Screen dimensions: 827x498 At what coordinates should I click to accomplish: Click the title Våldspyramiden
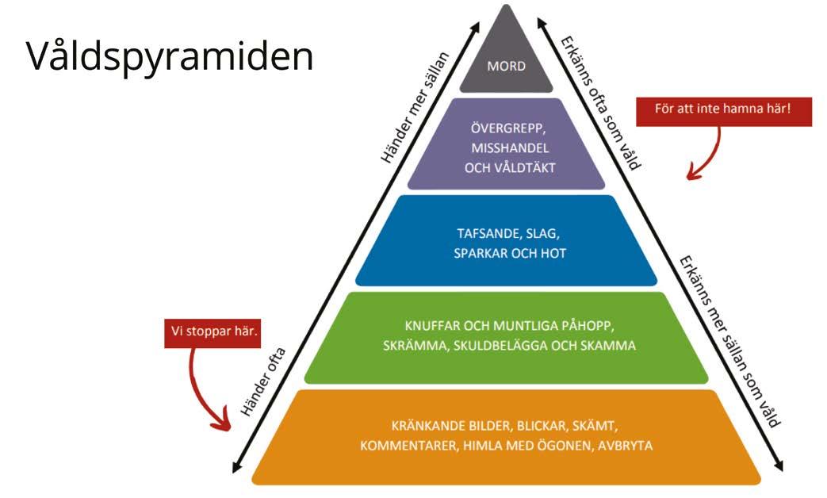click(x=170, y=56)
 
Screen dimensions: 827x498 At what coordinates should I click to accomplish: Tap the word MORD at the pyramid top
click(x=507, y=67)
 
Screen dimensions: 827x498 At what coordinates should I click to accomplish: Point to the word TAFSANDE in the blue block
click(x=487, y=234)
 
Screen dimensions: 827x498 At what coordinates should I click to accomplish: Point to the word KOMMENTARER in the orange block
click(x=406, y=446)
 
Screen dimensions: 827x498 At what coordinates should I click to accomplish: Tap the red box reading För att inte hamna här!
click(x=724, y=109)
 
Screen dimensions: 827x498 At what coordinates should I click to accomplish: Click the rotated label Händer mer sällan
click(x=415, y=107)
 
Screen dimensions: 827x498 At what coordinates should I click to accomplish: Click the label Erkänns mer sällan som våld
click(x=726, y=341)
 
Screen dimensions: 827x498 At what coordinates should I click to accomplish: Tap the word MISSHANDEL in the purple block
click(x=507, y=147)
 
